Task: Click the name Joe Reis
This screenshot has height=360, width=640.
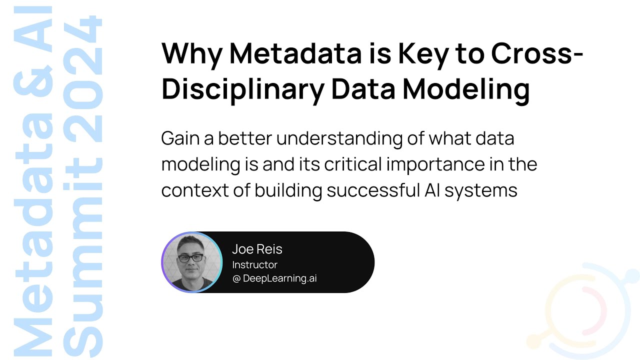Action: [x=257, y=249]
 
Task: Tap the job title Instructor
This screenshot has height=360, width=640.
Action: [x=254, y=264]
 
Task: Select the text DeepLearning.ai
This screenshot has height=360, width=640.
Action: [x=279, y=278]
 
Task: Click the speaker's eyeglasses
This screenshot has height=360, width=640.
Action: [x=191, y=258]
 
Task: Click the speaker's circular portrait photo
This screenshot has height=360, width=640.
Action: [x=191, y=262]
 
